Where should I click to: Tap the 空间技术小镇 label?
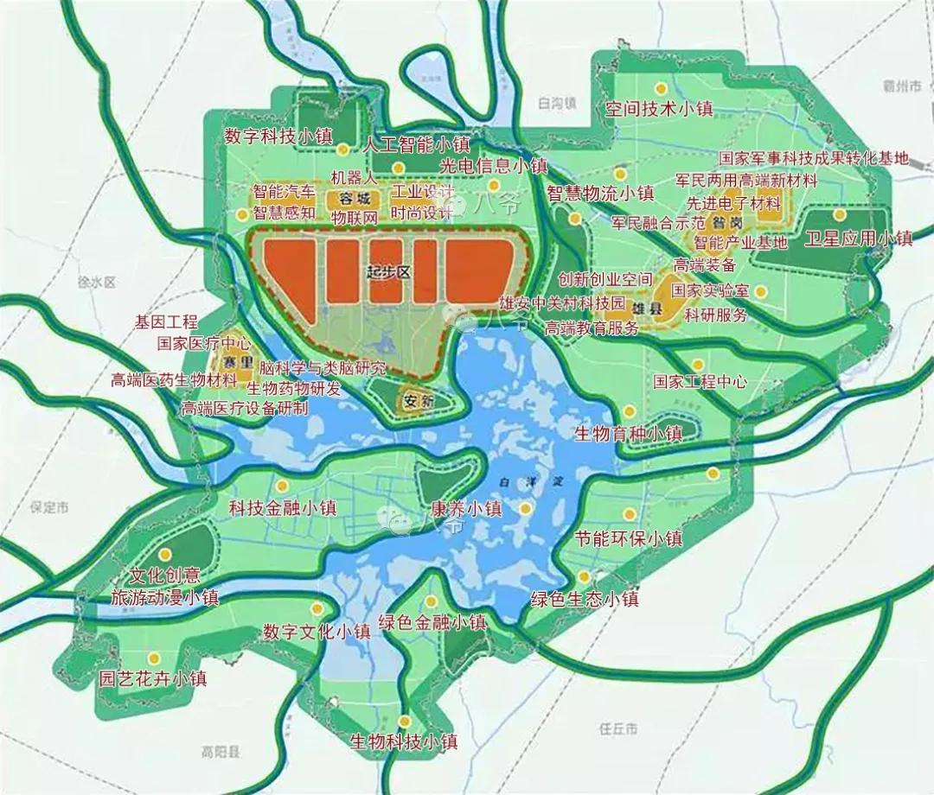(x=658, y=109)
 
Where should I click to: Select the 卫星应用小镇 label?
(x=858, y=238)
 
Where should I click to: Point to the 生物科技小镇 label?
(x=403, y=741)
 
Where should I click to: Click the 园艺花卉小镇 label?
(x=153, y=678)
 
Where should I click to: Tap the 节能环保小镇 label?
(x=629, y=538)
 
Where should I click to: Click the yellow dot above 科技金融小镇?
(x=282, y=486)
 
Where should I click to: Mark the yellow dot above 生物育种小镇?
(x=629, y=411)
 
